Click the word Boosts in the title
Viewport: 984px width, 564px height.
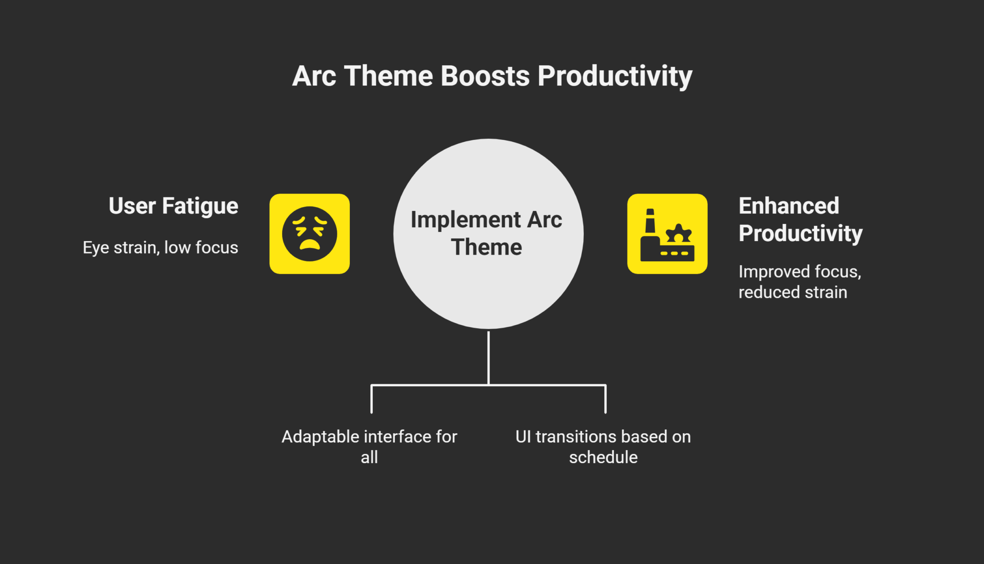[485, 76]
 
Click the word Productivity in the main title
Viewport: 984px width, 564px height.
[615, 77]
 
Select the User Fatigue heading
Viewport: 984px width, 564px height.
[173, 206]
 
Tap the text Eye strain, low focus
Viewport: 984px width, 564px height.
[160, 247]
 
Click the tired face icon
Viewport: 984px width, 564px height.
[309, 234]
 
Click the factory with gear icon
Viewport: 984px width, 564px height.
[667, 234]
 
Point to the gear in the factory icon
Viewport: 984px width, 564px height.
[678, 234]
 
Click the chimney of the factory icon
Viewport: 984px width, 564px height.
[650, 222]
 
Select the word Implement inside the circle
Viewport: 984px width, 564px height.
[466, 220]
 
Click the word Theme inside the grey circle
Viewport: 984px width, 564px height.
[486, 247]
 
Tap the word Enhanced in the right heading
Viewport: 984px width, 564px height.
[788, 206]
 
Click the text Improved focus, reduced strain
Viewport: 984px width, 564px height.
[799, 282]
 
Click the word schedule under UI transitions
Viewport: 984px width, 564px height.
[603, 457]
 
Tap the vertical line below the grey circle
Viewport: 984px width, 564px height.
[488, 358]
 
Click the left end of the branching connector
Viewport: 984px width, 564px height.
[372, 411]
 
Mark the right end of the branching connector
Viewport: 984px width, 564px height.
[605, 411]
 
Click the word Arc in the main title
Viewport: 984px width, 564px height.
[314, 76]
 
